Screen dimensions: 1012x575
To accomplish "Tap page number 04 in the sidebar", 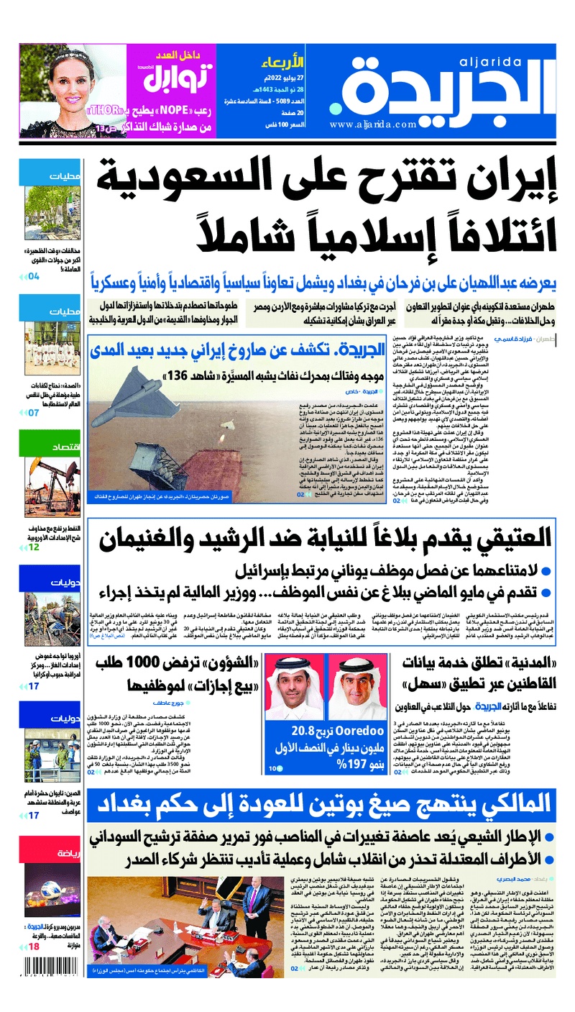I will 34,275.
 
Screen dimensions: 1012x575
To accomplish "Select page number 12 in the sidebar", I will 34,547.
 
